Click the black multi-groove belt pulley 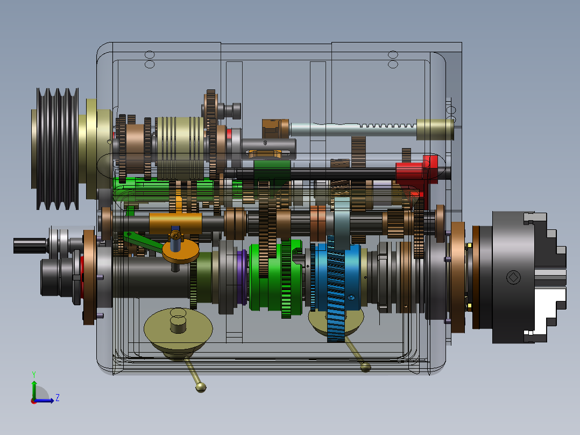[58, 149]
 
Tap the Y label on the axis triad [34, 374]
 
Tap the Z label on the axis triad [58, 398]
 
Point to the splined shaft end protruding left [30, 246]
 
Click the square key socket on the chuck [513, 277]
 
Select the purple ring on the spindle [242, 277]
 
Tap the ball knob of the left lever [201, 387]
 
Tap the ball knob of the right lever [365, 367]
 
